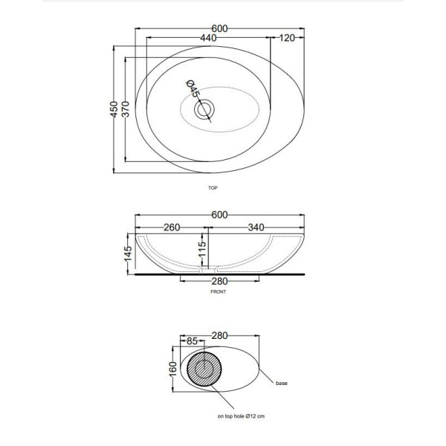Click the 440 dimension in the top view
click(x=208, y=38)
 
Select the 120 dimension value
click(x=287, y=38)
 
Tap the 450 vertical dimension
click(x=114, y=109)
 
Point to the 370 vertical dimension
click(x=126, y=109)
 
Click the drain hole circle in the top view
click(x=204, y=109)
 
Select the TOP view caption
click(x=213, y=188)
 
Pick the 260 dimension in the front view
click(x=172, y=227)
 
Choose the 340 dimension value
click(x=256, y=227)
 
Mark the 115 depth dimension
click(x=202, y=249)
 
